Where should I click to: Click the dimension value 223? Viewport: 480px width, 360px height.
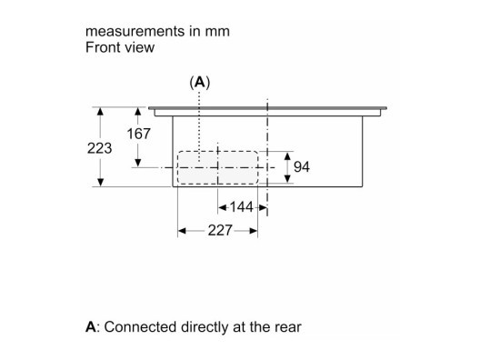99,148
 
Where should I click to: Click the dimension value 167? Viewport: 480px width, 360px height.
139,134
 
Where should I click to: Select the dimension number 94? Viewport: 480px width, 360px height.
302,167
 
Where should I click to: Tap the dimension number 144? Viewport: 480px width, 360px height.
242,207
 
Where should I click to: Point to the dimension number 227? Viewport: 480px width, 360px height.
220,230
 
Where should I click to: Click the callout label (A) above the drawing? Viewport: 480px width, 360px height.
200,83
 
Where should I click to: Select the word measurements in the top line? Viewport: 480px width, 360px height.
135,32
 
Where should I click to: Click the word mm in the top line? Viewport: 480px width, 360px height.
217,32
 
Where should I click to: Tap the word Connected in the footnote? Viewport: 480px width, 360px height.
140,327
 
